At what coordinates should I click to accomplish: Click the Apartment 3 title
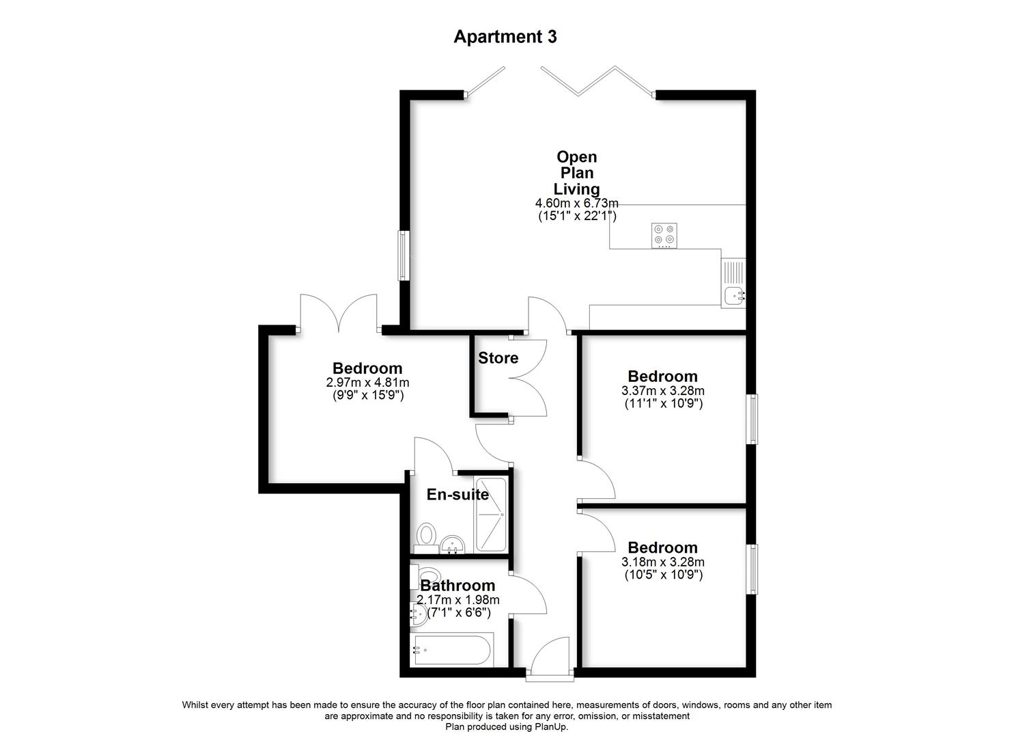505,36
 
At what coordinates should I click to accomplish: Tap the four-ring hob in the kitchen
664,234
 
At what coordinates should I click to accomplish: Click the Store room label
498,358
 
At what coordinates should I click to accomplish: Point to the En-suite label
457,494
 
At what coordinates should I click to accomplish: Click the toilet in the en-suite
427,535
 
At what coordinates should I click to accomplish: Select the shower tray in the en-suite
490,515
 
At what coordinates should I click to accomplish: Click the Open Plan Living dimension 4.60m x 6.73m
577,203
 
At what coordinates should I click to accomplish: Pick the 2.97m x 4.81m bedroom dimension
367,383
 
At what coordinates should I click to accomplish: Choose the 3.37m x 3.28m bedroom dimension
662,391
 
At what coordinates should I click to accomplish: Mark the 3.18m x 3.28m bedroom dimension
662,562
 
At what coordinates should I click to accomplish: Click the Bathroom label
457,586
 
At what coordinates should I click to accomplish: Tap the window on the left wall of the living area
404,256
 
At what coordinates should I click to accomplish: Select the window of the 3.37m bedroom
751,419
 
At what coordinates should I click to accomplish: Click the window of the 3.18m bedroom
751,569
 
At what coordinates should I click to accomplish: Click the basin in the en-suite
452,545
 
